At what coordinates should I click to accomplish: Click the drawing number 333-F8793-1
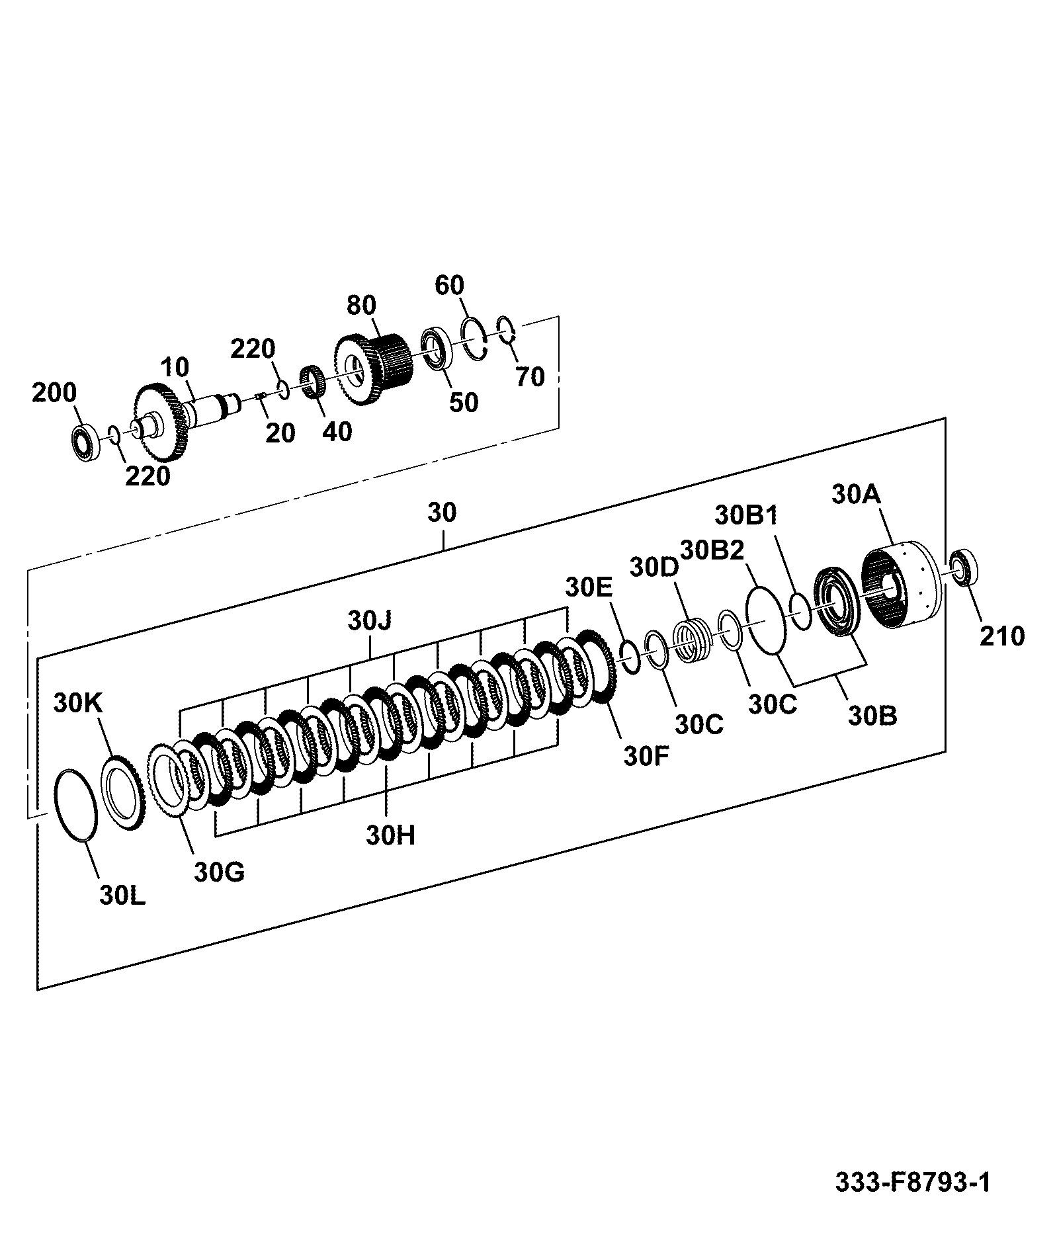coord(913,1181)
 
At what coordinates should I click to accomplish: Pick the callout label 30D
coord(654,566)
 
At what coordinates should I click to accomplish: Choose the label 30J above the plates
coord(370,620)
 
